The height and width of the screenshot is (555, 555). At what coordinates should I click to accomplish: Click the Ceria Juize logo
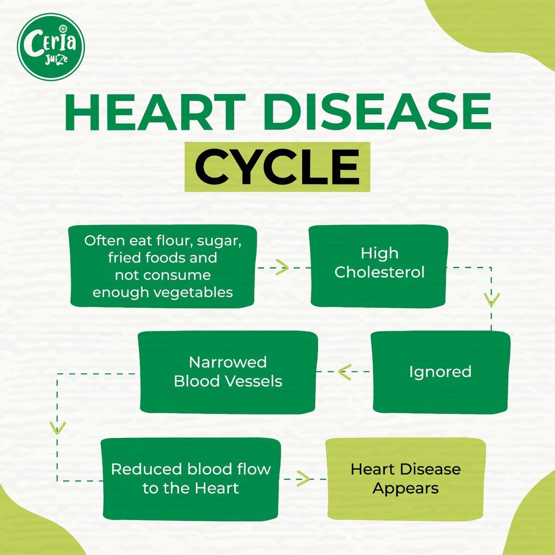51,47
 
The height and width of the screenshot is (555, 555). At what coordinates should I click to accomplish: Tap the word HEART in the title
155,112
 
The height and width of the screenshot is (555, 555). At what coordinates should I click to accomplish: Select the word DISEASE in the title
377,112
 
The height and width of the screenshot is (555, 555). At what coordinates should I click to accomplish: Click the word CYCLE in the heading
277,167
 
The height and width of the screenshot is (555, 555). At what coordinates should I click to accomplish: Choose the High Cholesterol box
379,266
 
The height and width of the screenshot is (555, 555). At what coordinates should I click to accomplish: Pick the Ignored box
440,372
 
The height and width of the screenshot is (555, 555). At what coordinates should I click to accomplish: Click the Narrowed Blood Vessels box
228,372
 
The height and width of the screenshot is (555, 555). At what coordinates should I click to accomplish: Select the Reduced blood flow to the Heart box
191,479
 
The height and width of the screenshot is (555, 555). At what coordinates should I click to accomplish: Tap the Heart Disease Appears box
405,479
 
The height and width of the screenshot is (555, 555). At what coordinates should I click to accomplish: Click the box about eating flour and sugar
162,266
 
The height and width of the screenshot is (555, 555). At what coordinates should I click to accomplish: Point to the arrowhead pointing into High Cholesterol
282,267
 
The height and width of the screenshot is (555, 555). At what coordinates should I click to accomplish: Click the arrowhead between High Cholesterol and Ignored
491,300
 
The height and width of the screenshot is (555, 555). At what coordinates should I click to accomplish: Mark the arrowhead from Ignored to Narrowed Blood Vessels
344,372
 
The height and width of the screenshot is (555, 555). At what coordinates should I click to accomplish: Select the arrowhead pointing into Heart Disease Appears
303,479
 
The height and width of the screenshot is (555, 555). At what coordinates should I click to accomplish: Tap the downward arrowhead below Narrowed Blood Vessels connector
58,428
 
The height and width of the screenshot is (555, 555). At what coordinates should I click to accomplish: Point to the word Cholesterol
379,272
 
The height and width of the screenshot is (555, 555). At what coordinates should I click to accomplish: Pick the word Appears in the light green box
405,489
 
